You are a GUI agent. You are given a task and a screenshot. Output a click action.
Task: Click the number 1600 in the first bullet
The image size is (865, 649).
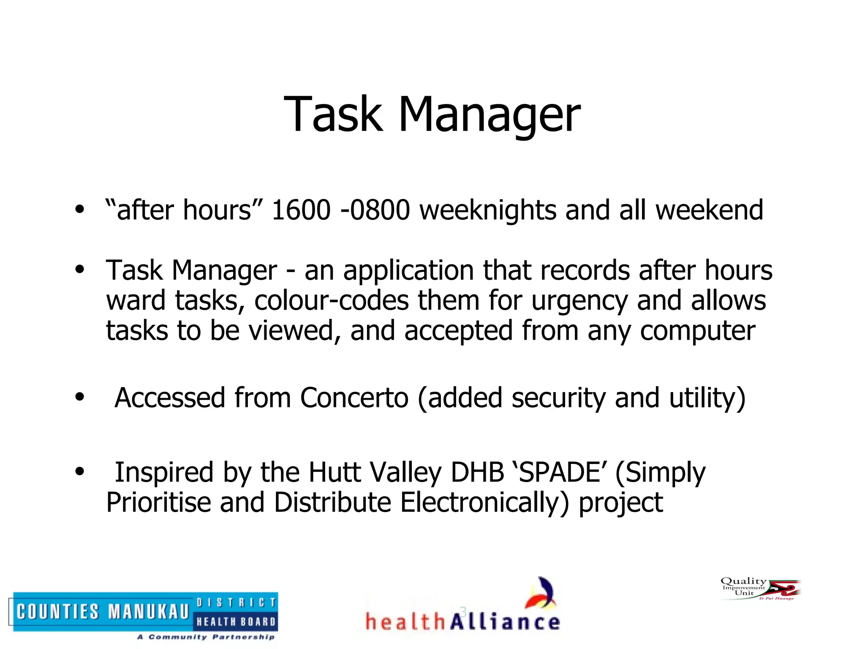click(x=301, y=210)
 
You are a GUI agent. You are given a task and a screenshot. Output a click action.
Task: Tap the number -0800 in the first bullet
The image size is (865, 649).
click(x=375, y=210)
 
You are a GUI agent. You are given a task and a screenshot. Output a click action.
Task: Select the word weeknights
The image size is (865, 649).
click(x=488, y=211)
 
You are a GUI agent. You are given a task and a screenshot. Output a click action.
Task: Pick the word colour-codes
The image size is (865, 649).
click(x=332, y=300)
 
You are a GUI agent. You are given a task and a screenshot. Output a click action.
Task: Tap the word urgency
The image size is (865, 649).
click(x=579, y=301)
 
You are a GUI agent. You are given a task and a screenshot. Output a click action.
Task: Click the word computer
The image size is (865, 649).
click(x=697, y=331)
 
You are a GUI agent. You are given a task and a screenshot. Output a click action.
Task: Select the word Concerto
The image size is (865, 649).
click(x=354, y=398)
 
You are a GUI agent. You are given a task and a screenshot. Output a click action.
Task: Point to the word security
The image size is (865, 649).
click(x=558, y=399)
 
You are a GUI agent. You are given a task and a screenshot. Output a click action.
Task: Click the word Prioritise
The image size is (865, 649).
click(x=158, y=502)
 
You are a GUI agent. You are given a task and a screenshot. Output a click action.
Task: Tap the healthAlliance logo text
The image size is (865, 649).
click(x=462, y=622)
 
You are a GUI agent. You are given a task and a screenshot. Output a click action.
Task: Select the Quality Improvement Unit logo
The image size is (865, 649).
click(x=760, y=588)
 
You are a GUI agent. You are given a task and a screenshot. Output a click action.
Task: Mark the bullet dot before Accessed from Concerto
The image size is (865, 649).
click(x=79, y=397)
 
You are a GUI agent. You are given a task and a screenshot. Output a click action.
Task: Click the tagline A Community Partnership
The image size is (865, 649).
click(x=206, y=637)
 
